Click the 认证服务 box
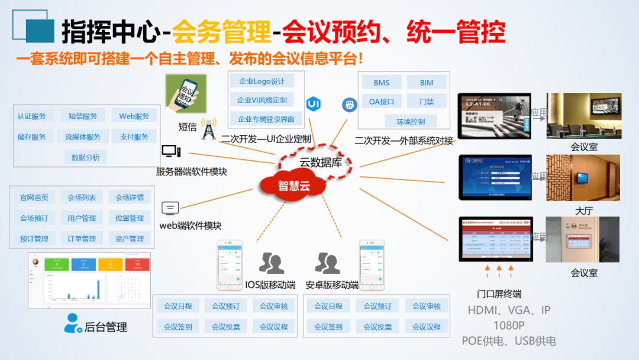32,116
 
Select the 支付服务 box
134,137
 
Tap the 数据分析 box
86,157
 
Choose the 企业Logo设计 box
262,82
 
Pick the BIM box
427,82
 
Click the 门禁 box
427,101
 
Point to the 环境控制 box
411,121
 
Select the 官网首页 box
34,197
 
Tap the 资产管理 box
130,239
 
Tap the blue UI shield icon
313,104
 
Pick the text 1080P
509,326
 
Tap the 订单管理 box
82,239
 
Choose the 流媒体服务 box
83,137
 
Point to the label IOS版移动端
270,285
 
